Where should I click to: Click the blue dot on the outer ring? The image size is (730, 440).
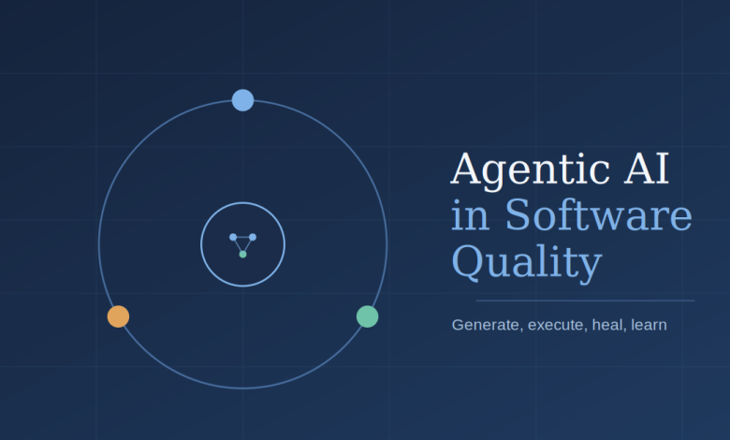pyautogui.click(x=242, y=100)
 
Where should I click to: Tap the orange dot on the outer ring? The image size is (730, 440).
pyautogui.click(x=118, y=316)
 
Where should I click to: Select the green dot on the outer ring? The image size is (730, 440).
pyautogui.click(x=367, y=316)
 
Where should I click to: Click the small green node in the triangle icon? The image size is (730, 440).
pyautogui.click(x=242, y=255)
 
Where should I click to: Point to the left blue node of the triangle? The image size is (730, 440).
pyautogui.click(x=233, y=237)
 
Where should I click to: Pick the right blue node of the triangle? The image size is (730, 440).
pyautogui.click(x=253, y=237)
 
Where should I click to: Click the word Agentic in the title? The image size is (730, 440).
pyautogui.click(x=531, y=170)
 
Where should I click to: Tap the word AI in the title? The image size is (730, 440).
pyautogui.click(x=647, y=169)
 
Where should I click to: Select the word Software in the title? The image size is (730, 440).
pyautogui.click(x=599, y=214)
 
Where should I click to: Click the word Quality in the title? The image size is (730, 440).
pyautogui.click(x=527, y=263)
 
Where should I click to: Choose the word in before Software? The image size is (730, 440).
pyautogui.click(x=470, y=215)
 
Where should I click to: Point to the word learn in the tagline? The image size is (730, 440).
pyautogui.click(x=649, y=325)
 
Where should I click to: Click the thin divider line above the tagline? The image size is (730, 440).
pyautogui.click(x=585, y=301)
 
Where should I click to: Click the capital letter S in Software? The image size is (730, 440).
pyautogui.click(x=518, y=214)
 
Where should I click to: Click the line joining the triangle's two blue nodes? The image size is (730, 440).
pyautogui.click(x=242, y=237)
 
